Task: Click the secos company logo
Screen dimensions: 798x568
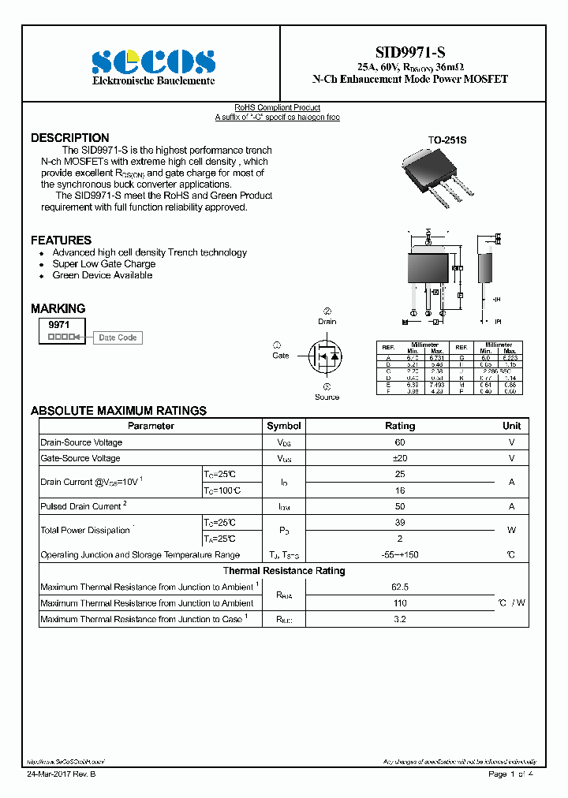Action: tap(153, 62)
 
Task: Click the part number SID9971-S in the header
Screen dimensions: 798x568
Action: tap(409, 52)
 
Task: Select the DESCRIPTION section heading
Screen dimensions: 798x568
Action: tap(70, 138)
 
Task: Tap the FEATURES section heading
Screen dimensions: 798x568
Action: tap(61, 240)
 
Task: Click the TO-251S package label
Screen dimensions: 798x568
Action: tap(447, 140)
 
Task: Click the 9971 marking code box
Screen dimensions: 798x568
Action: tap(59, 324)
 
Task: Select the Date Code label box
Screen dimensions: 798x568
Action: tap(118, 337)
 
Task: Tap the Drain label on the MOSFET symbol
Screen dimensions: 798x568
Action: tap(327, 321)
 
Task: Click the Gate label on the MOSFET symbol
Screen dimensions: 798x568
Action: tap(281, 356)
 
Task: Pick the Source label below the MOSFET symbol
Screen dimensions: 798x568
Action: tap(327, 397)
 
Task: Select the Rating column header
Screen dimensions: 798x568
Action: tap(400, 426)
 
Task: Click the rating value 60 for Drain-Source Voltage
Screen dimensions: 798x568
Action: tap(400, 442)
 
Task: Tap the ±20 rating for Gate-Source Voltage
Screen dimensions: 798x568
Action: tap(400, 458)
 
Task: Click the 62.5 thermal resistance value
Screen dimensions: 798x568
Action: tap(400, 587)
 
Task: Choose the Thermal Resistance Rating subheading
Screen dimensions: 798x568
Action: tap(284, 571)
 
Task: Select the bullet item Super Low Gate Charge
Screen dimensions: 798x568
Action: tap(104, 264)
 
